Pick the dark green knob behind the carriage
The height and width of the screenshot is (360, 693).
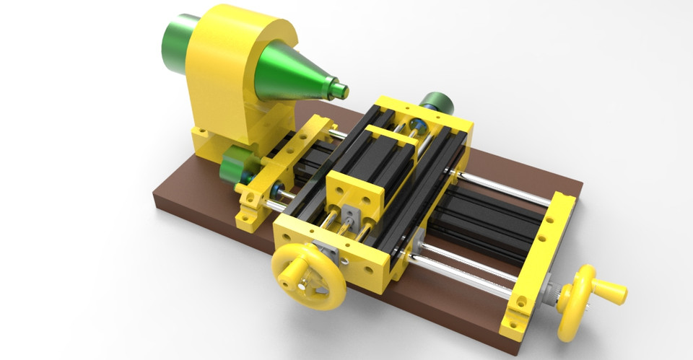(435, 102)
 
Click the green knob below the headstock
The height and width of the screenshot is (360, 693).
(235, 165)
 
